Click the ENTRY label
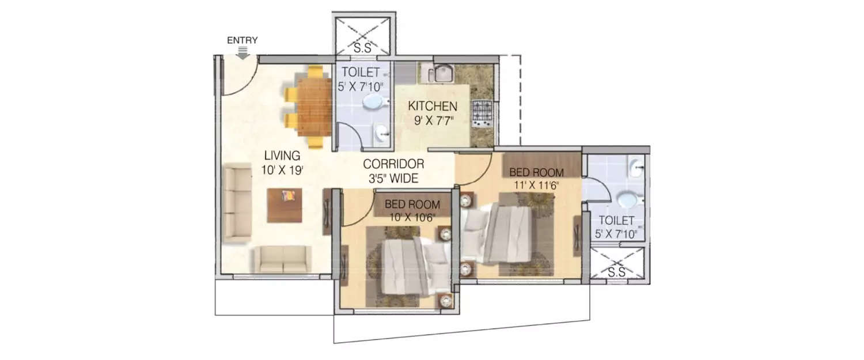(242, 40)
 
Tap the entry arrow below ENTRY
(242, 53)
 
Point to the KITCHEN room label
(433, 106)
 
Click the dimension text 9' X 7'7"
(433, 121)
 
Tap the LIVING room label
(282, 156)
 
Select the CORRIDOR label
(393, 164)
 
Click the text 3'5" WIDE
(393, 178)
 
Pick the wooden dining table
(314, 107)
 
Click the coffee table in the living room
(285, 205)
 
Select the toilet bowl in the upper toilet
(376, 103)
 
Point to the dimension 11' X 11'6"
(536, 185)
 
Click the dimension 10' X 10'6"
(412, 218)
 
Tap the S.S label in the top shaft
(362, 48)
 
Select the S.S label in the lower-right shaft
(616, 272)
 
